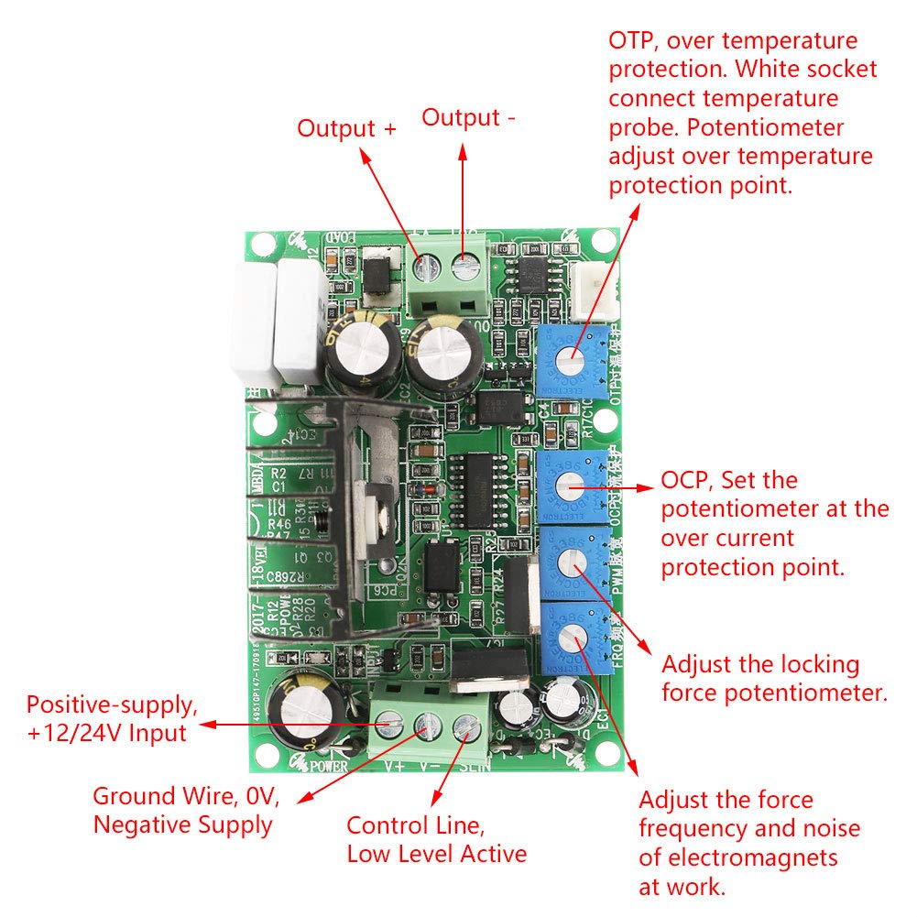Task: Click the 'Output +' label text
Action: [x=346, y=128]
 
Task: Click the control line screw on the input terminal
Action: [x=466, y=726]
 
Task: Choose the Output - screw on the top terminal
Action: [x=467, y=266]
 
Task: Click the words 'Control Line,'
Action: [x=415, y=824]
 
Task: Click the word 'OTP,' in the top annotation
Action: [x=633, y=41]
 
